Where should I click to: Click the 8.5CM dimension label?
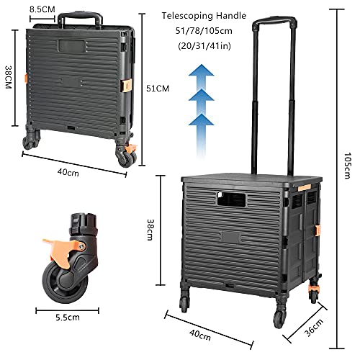pos(41,9)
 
